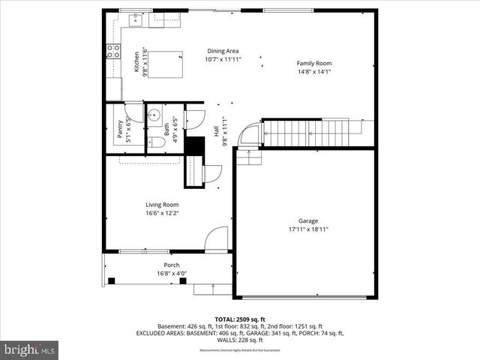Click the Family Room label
(x=313, y=64)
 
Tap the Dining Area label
(x=223, y=51)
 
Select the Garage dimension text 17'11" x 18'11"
(x=308, y=229)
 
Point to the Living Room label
(x=161, y=204)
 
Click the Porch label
(x=171, y=265)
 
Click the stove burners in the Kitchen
(x=114, y=51)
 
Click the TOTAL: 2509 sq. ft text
(x=239, y=319)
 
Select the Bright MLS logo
(x=30, y=349)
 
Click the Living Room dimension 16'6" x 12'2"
(x=161, y=213)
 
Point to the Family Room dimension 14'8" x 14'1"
(x=313, y=73)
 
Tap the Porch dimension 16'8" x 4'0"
(x=171, y=274)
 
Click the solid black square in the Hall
(x=194, y=145)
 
